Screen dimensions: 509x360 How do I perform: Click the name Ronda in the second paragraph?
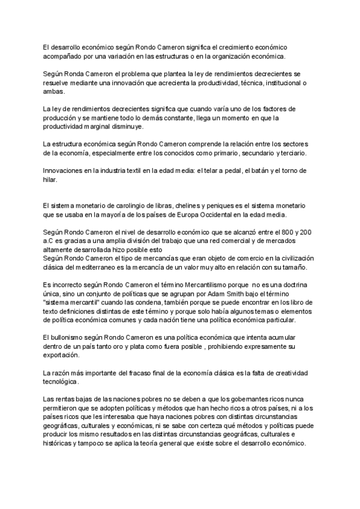[x=71, y=74]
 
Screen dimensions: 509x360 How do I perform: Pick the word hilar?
[x=51, y=179]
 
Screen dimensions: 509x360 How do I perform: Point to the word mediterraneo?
[x=97, y=267]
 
